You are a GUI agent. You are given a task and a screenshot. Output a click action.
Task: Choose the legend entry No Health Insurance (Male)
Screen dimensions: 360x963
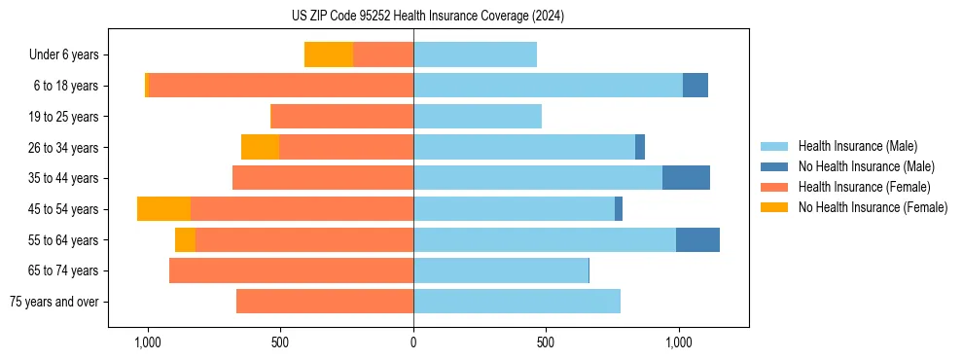tap(866, 166)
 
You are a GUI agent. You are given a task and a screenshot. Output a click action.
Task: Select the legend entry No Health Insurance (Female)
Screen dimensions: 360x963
tap(873, 207)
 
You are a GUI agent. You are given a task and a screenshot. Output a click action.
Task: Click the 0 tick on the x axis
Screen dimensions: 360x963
tap(413, 342)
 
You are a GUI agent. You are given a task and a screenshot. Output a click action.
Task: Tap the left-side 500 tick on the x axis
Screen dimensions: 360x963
tap(280, 342)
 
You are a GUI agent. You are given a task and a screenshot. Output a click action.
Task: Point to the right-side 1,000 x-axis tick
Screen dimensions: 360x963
tap(678, 342)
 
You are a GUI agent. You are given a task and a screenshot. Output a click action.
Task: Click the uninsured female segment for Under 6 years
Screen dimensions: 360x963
tap(329, 55)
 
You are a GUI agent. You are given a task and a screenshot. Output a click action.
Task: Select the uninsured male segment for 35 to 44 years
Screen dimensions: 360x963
tap(686, 178)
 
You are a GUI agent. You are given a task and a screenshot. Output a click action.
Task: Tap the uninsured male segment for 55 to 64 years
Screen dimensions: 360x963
tap(697, 239)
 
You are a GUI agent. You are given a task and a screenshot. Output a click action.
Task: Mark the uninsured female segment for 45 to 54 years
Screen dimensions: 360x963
tap(163, 209)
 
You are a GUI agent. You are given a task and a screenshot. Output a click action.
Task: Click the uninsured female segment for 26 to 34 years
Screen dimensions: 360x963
tap(260, 147)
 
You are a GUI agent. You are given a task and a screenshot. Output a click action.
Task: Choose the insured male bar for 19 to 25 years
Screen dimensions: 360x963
tap(477, 117)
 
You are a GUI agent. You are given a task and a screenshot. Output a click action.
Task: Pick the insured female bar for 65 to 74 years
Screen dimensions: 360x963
tap(291, 270)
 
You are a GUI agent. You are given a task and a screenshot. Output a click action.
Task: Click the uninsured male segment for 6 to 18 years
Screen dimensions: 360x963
tap(695, 86)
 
